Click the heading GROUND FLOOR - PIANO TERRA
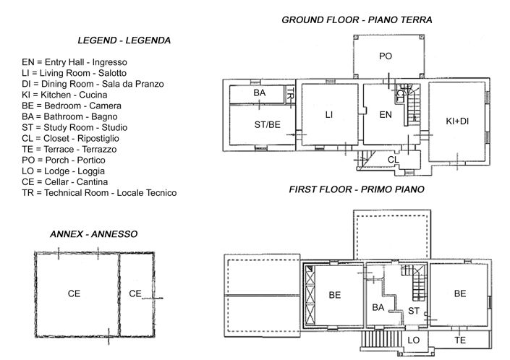click(x=357, y=20)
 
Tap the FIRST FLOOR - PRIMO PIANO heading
click(x=356, y=190)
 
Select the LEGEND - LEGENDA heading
click(x=124, y=40)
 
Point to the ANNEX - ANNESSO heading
click(x=94, y=234)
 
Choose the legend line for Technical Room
click(x=99, y=192)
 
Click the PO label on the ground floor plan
click(x=385, y=56)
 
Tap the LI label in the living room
click(x=328, y=114)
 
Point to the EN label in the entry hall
click(x=385, y=114)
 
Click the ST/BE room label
click(x=267, y=124)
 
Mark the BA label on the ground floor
click(x=259, y=94)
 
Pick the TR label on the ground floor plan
click(x=289, y=94)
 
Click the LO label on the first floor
click(x=414, y=339)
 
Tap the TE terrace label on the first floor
click(x=459, y=339)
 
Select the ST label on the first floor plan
click(x=414, y=311)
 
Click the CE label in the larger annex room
click(x=74, y=293)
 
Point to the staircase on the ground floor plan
click(x=413, y=108)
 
